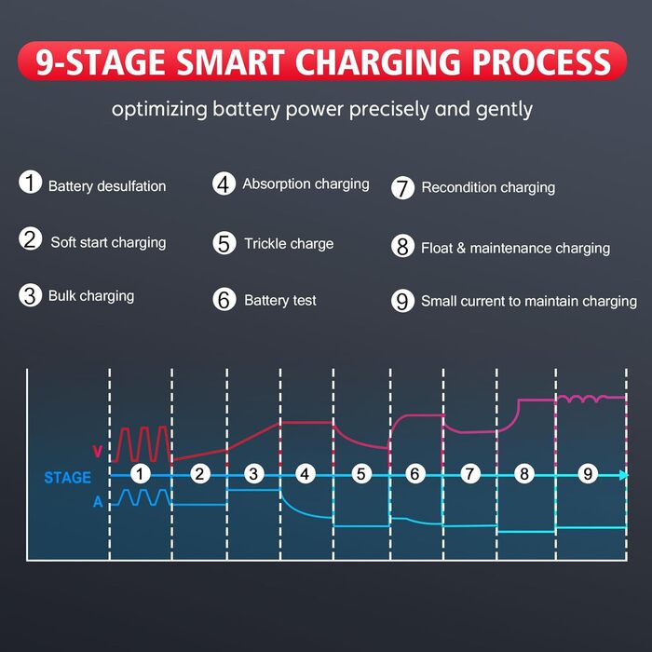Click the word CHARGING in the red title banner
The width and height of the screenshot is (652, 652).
(377, 62)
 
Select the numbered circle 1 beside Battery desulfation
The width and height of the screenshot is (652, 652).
(31, 183)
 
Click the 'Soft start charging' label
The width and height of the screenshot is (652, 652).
(108, 242)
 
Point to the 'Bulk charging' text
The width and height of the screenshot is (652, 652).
(91, 296)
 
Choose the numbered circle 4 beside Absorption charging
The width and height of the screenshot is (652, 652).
(224, 183)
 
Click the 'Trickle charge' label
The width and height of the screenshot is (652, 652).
(289, 244)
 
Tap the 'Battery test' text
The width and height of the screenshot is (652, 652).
(279, 300)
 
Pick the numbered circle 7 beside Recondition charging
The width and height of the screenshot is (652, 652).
(402, 187)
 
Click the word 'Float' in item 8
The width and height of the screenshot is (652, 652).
(437, 249)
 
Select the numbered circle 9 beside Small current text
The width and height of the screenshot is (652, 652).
(402, 301)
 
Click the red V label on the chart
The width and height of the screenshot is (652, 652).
(98, 451)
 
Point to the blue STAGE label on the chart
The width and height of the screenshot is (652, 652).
(67, 477)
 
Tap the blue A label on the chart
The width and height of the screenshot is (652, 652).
(98, 502)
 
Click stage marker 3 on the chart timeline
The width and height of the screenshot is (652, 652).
(253, 474)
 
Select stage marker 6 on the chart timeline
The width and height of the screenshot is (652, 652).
(414, 474)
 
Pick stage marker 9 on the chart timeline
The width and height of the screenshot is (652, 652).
(588, 474)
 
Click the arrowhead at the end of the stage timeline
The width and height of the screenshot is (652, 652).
(623, 475)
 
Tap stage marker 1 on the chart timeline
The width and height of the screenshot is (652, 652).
(140, 474)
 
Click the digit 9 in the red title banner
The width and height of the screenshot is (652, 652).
(45, 62)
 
